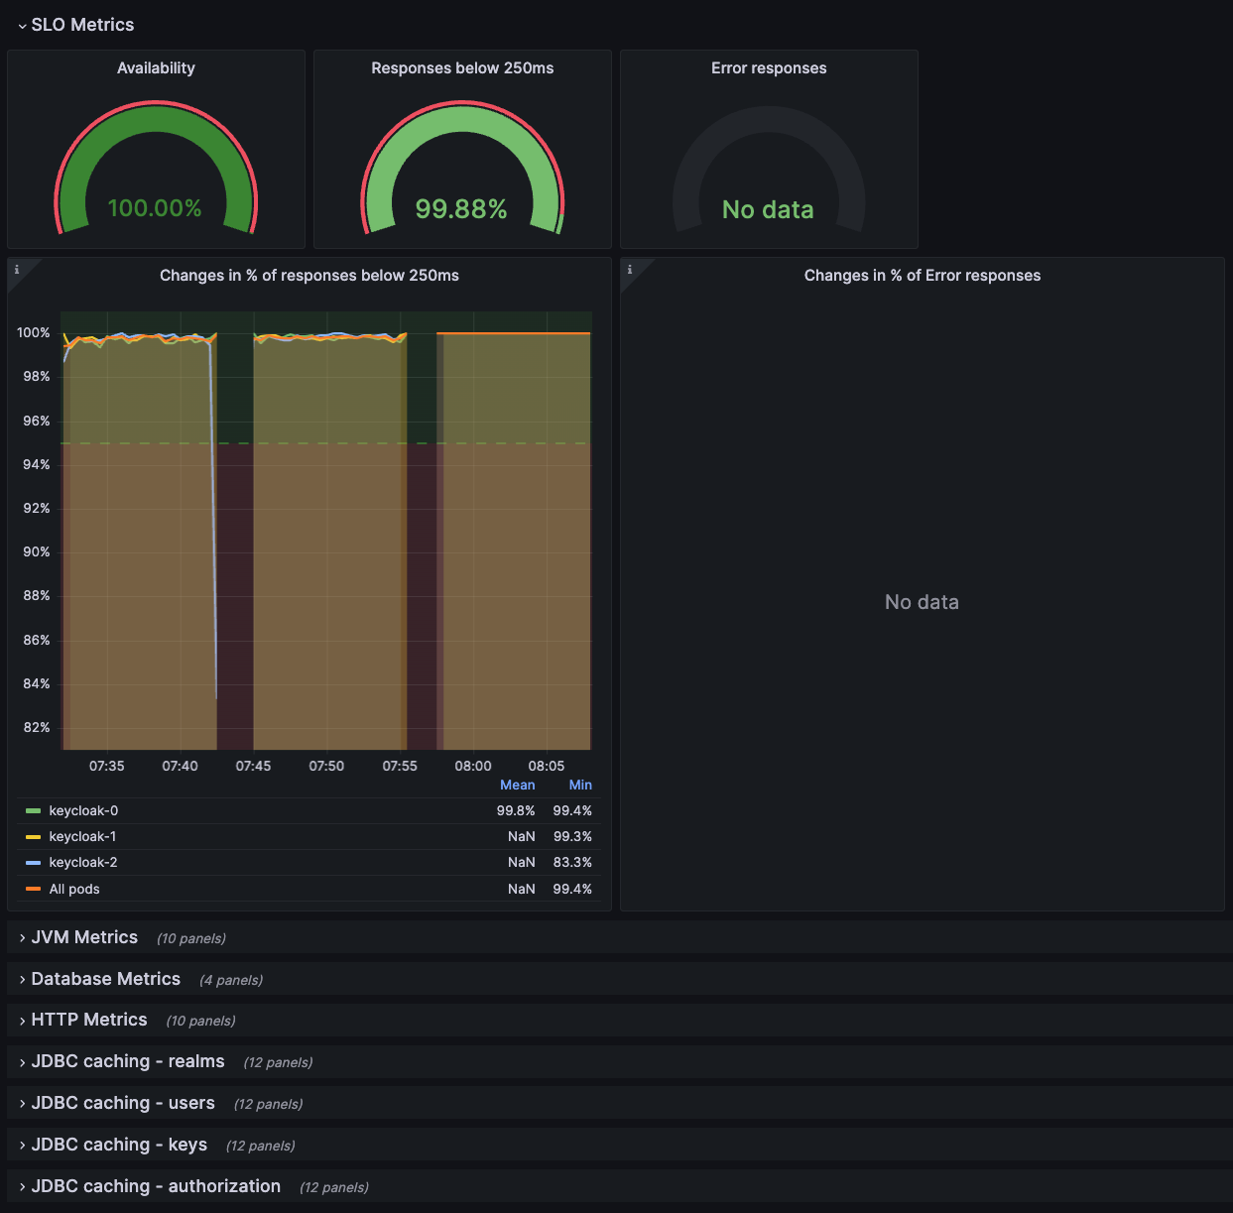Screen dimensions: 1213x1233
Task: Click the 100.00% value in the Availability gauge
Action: point(155,208)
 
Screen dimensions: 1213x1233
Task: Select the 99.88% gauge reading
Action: point(461,209)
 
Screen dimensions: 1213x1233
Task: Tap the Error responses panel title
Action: point(769,68)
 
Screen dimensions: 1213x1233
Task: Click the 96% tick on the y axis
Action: point(37,421)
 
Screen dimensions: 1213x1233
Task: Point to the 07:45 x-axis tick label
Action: point(253,766)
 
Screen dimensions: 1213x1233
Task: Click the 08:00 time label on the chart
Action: point(473,766)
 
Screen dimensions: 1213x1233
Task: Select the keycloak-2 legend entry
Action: point(83,863)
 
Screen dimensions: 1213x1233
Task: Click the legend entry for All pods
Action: point(74,889)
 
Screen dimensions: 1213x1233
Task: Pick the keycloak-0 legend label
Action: point(83,811)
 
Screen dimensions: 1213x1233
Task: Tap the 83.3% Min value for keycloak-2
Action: point(572,863)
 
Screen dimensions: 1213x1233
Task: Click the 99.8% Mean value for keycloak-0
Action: point(516,811)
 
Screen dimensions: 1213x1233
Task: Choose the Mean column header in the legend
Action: point(517,785)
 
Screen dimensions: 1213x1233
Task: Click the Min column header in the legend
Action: point(580,785)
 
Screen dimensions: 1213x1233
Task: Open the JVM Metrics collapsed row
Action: point(84,937)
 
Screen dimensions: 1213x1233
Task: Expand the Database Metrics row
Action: point(105,979)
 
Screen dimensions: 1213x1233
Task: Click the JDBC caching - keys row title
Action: point(119,1145)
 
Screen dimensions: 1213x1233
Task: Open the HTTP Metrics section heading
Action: point(89,1020)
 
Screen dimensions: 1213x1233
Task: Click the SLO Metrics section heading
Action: point(82,25)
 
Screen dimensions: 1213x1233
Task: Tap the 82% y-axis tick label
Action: point(37,727)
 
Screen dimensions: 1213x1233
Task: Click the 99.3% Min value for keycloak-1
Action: point(572,837)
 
